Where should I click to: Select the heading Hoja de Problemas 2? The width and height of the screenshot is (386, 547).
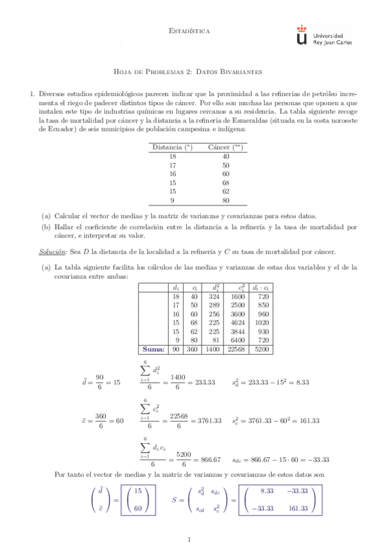[x=193, y=72]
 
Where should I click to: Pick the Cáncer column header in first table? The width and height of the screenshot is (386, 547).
[x=225, y=148]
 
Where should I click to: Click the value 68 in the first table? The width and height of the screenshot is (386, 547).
[x=226, y=183]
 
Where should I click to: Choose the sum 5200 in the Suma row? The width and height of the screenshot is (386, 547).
[x=262, y=348]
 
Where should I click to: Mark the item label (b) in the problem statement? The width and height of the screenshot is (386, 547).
[x=46, y=227]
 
